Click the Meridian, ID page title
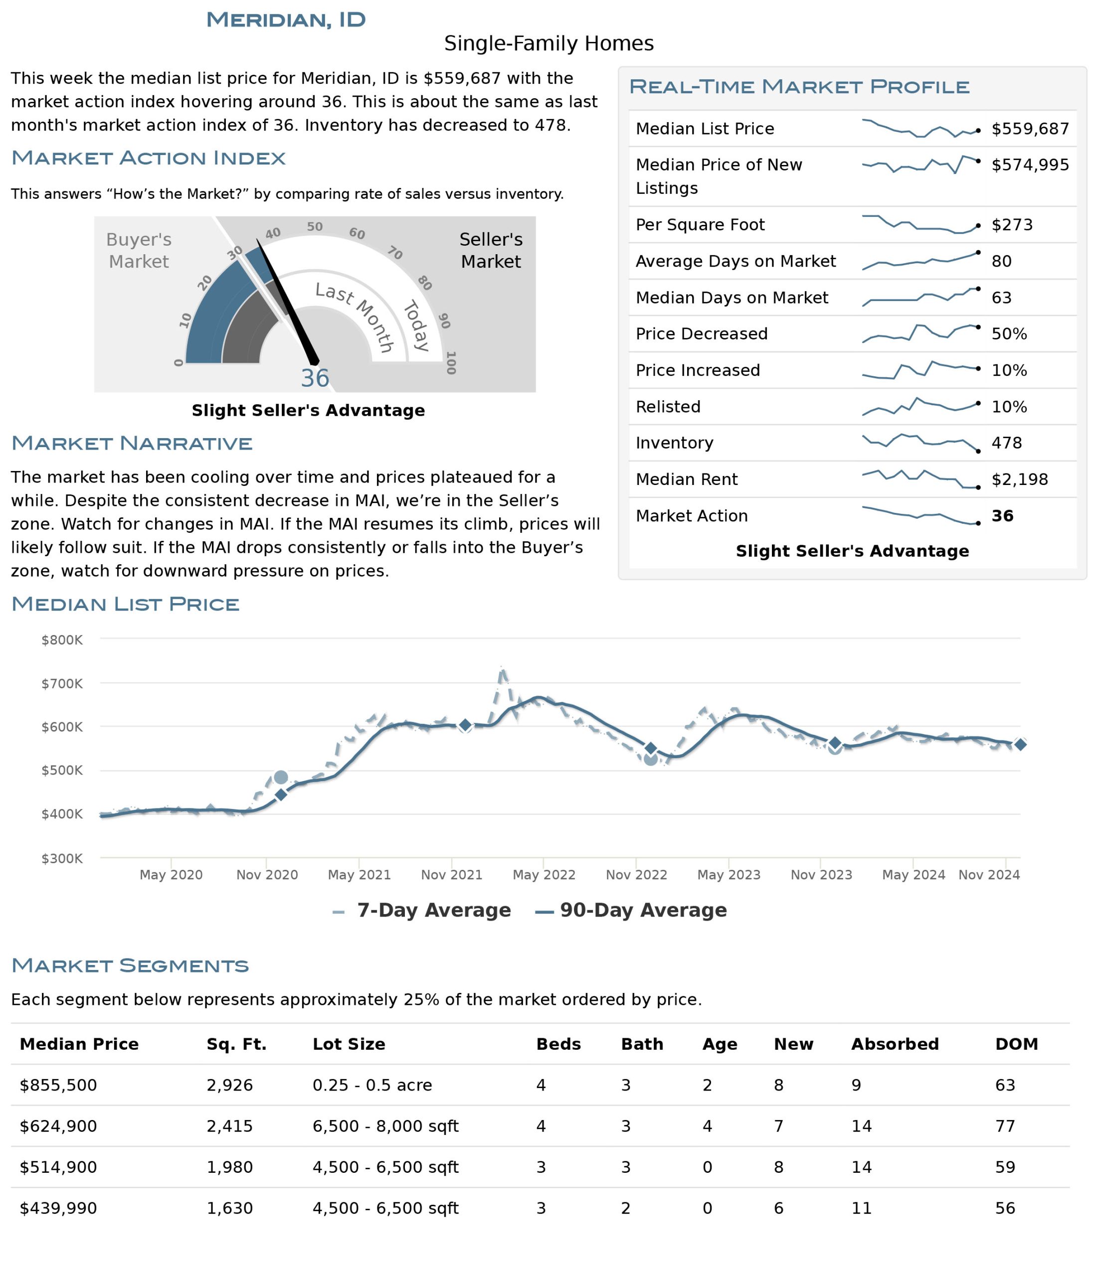pyautogui.click(x=286, y=20)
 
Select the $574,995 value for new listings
pyautogui.click(x=1030, y=164)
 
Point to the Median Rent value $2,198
pyautogui.click(x=1019, y=479)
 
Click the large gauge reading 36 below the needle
pyautogui.click(x=315, y=378)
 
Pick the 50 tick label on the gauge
pyautogui.click(x=315, y=227)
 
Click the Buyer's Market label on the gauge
pyautogui.click(x=139, y=250)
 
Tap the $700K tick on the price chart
pyautogui.click(x=62, y=683)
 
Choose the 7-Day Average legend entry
pyautogui.click(x=421, y=910)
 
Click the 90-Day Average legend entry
pyautogui.click(x=631, y=910)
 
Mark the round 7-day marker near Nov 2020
pyautogui.click(x=280, y=777)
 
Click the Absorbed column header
pyautogui.click(x=895, y=1044)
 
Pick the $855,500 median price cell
pyautogui.click(x=58, y=1085)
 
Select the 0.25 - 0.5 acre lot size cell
pyautogui.click(x=372, y=1085)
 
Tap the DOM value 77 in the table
pyautogui.click(x=1005, y=1126)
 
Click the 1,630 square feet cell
pyautogui.click(x=230, y=1208)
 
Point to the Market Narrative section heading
pyautogui.click(x=132, y=444)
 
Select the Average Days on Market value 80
pyautogui.click(x=1002, y=261)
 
